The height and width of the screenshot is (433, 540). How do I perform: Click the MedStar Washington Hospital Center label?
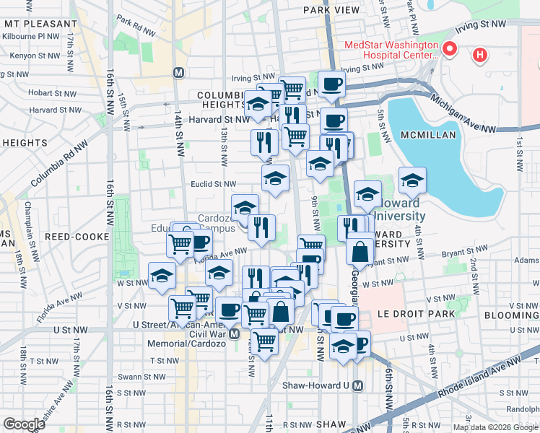pyautogui.click(x=392, y=49)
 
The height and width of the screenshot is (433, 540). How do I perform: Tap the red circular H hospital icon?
pyautogui.click(x=479, y=54)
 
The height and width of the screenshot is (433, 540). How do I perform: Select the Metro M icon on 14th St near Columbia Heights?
pyautogui.click(x=178, y=72)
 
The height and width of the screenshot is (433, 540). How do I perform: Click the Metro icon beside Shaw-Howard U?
pyautogui.click(x=357, y=385)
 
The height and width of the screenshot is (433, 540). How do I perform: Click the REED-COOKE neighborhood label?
pyautogui.click(x=77, y=236)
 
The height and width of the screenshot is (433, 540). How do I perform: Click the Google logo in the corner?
pyautogui.click(x=24, y=424)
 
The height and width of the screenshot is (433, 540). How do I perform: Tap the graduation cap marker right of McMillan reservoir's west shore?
pyautogui.click(x=411, y=180)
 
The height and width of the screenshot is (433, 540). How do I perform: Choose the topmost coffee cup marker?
pyautogui.click(x=331, y=84)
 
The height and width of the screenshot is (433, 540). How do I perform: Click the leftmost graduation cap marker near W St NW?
pyautogui.click(x=161, y=275)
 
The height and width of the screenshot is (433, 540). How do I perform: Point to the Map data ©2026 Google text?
pyautogui.click(x=495, y=427)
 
